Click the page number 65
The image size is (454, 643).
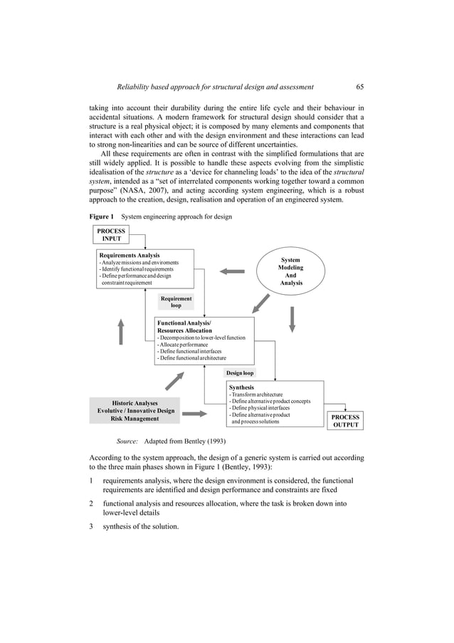click(360, 87)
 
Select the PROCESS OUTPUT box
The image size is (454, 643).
click(345, 421)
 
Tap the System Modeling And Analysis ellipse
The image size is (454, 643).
click(290, 271)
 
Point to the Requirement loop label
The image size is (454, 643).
click(176, 302)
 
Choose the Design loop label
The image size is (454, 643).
click(241, 372)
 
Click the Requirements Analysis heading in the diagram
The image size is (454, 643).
click(129, 255)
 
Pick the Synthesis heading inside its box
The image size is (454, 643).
click(241, 387)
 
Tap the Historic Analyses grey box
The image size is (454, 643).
click(135, 411)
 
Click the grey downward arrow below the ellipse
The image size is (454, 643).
click(292, 319)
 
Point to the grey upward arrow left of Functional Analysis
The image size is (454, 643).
click(121, 331)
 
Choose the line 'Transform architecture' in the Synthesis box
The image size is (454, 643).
click(256, 394)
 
